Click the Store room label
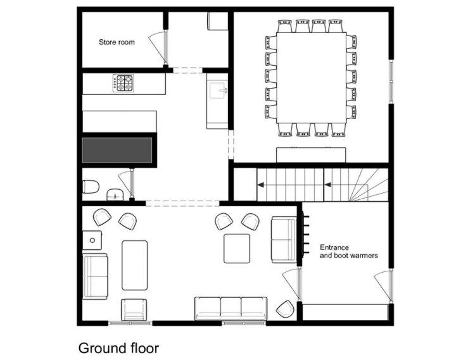pos(117,42)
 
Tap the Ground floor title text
pos(118,348)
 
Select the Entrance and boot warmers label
pos(349,251)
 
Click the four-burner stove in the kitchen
pos(123,83)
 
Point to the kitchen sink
pos(218,90)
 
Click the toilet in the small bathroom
pos(91,186)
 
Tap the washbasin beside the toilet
pos(115,194)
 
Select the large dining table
pos(312,77)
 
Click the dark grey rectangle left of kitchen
pos(117,150)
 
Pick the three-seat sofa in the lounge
pos(231,309)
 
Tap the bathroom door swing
pos(127,183)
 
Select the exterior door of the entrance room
pos(384,286)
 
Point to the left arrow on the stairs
pos(260,185)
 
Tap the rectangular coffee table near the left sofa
pos(135,265)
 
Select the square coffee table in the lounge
pos(237,249)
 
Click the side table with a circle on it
pos(92,240)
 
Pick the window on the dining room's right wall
pos(391,82)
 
